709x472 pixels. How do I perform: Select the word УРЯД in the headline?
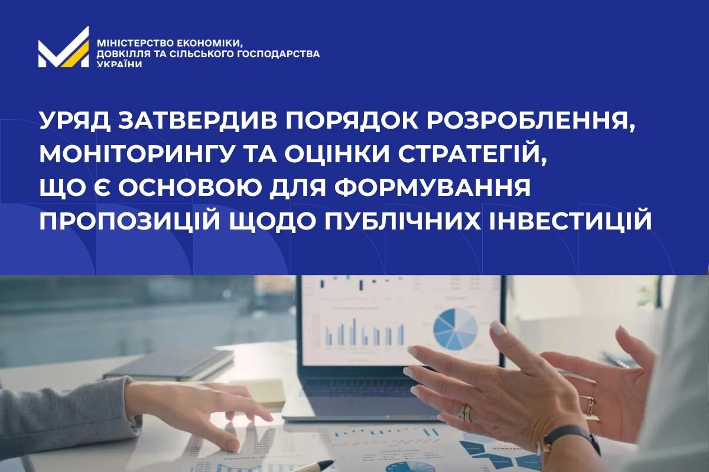pos(74,122)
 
